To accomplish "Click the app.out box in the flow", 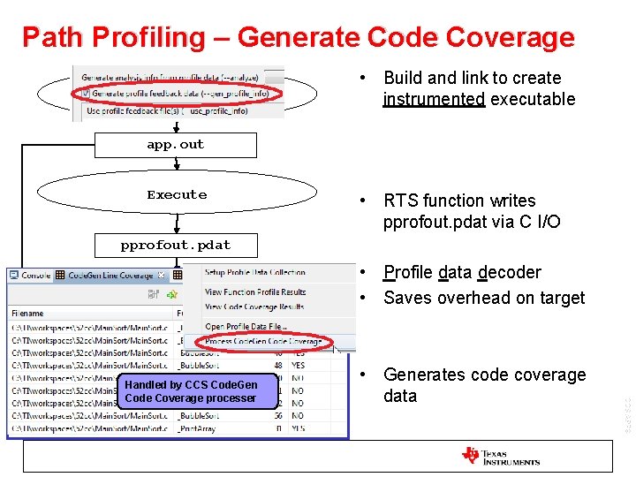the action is (176, 145).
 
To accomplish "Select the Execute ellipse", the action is (177, 195).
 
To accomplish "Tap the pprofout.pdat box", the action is (176, 246).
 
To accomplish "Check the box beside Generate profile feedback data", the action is (85, 93).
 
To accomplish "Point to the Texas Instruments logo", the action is (500, 456).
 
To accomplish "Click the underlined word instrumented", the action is (434, 100).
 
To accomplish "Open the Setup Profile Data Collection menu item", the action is (254, 273).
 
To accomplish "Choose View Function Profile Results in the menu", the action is (254, 292).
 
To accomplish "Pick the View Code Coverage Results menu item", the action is (254, 306).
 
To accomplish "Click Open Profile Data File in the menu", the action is (245, 327).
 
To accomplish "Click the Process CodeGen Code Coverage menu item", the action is (261, 341).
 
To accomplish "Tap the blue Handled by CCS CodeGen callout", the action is (191, 391).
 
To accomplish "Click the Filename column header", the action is (27, 313).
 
